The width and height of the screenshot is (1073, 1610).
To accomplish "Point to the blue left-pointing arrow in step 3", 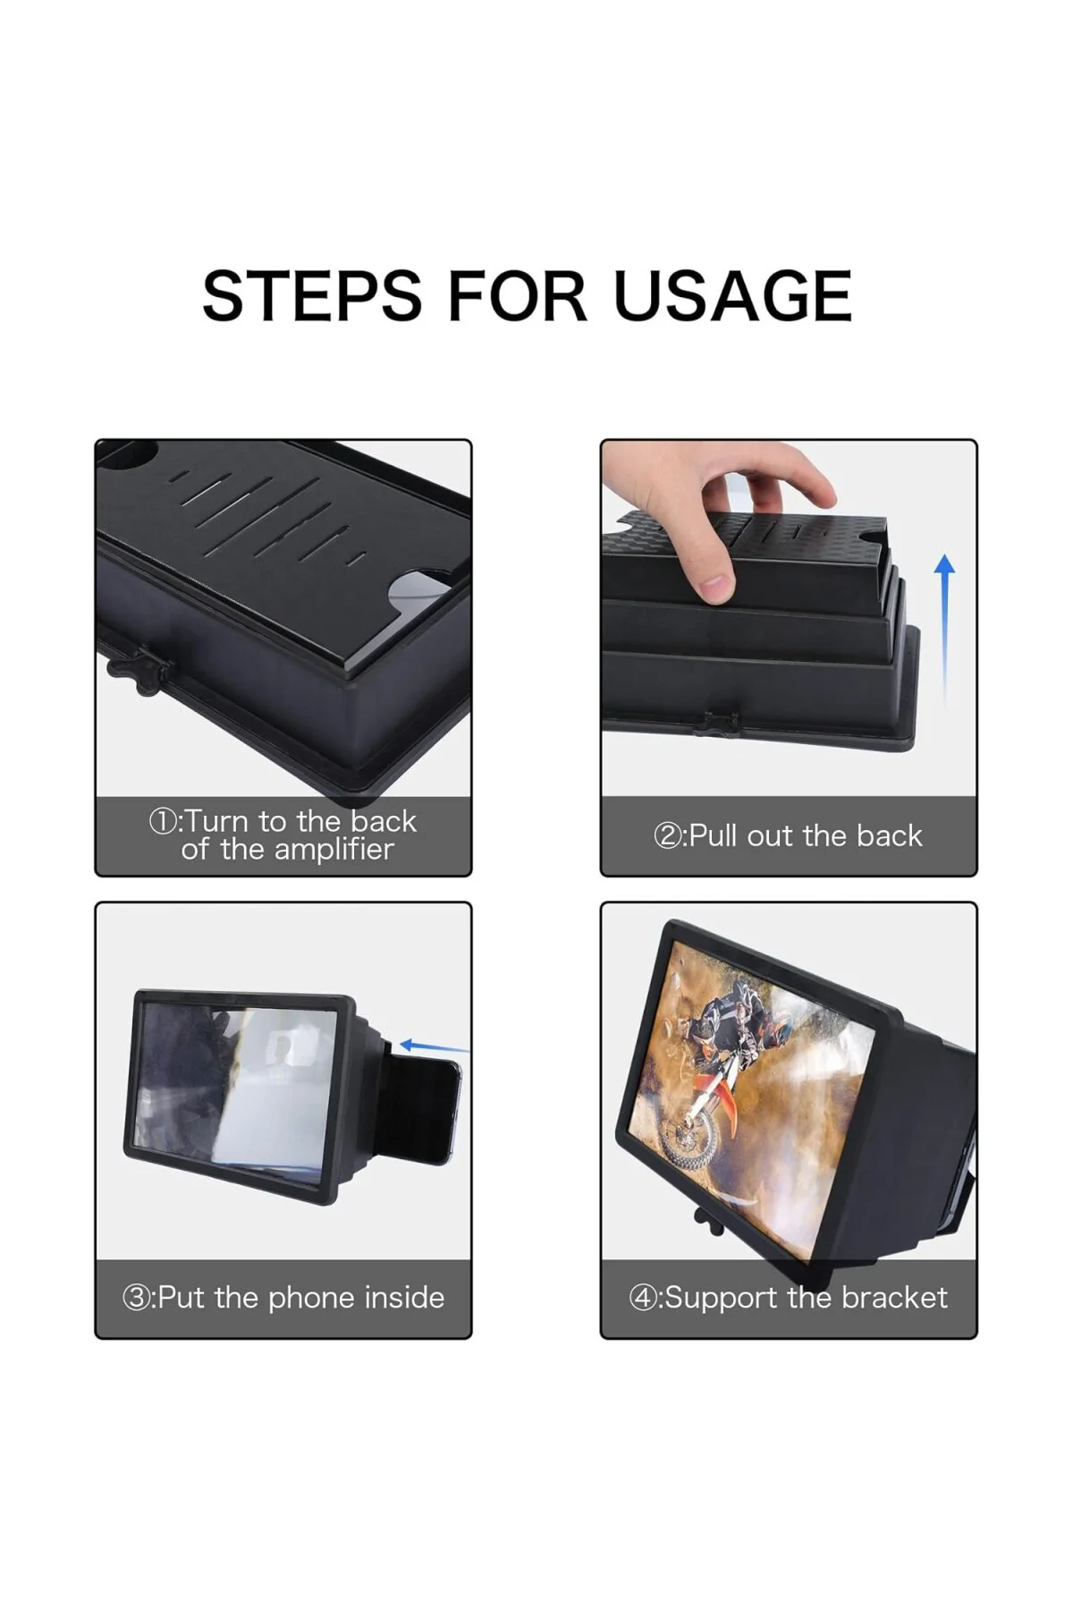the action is point(434,1046).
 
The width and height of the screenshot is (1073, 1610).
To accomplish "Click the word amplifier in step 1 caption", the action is point(334,849).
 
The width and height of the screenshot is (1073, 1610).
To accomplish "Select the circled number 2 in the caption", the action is point(668,835).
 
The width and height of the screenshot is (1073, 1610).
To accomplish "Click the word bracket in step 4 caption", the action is point(894,1297).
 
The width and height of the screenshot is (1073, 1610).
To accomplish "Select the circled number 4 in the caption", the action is point(643,1298).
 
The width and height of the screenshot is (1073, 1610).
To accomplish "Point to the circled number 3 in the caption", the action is point(136,1298).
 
